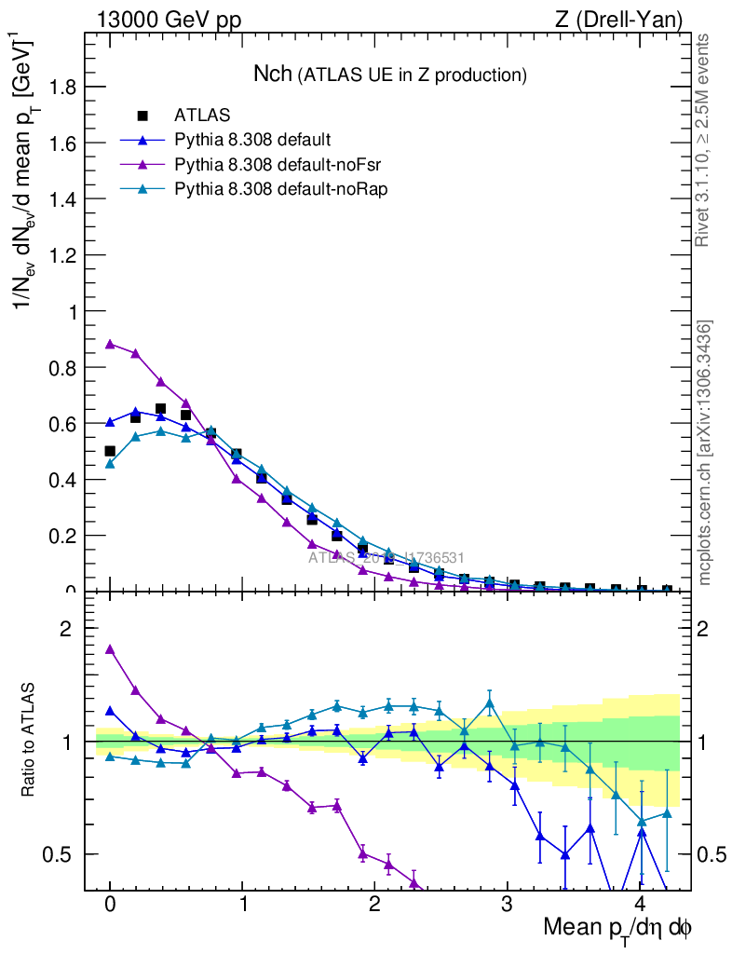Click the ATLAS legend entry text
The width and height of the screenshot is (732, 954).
(x=202, y=116)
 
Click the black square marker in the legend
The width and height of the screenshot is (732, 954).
(x=142, y=116)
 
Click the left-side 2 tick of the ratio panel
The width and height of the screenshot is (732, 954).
(x=66, y=629)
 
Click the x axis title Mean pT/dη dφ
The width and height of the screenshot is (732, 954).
(x=617, y=928)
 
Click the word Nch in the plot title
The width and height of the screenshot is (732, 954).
(x=273, y=74)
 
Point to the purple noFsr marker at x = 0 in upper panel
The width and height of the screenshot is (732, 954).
(x=110, y=344)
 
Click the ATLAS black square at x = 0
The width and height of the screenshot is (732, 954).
(x=110, y=451)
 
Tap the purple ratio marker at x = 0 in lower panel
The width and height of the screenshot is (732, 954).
(x=110, y=649)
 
